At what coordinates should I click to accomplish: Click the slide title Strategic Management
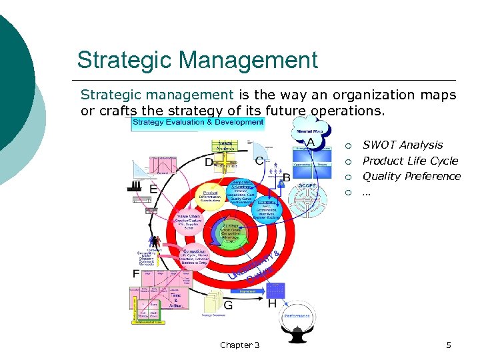(197, 60)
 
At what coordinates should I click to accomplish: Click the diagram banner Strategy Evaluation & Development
(198, 123)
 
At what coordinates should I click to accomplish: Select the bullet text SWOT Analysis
(402, 145)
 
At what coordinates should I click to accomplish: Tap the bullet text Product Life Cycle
(410, 161)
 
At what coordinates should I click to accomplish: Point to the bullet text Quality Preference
(411, 176)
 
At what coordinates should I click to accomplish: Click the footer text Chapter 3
(239, 345)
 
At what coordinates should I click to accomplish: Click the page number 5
(449, 345)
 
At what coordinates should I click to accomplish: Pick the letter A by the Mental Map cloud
(310, 142)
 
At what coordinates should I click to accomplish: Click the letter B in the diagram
(287, 177)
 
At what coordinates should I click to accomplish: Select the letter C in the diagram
(259, 161)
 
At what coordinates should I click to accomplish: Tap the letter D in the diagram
(209, 162)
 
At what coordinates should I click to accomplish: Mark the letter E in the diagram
(153, 189)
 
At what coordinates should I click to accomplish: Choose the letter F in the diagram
(136, 273)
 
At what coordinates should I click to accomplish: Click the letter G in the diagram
(228, 305)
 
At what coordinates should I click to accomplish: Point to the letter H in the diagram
(272, 303)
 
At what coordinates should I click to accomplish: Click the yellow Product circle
(209, 195)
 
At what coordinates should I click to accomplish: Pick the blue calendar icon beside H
(274, 289)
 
